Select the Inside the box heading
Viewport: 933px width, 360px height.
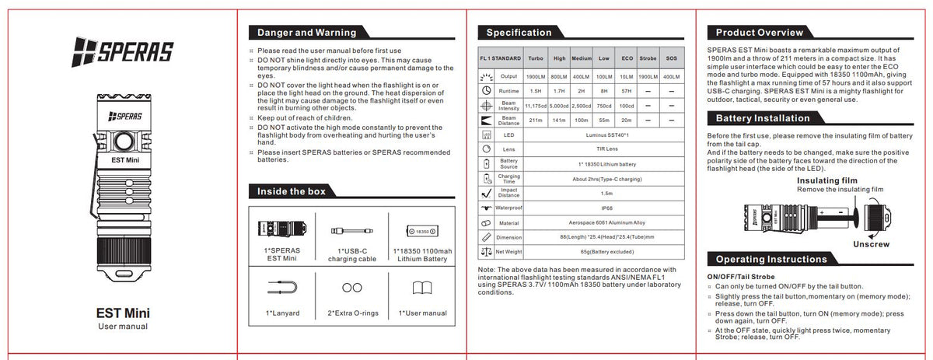pyautogui.click(x=291, y=191)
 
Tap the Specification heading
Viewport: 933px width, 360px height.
pyautogui.click(x=519, y=33)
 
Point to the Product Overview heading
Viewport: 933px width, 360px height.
pyautogui.click(x=760, y=33)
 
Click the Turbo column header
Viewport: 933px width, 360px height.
pyautogui.click(x=535, y=58)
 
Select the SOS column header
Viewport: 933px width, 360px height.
pyautogui.click(x=673, y=58)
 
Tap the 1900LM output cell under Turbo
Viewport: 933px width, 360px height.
pyautogui.click(x=535, y=76)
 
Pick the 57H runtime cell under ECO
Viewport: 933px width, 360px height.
pyautogui.click(x=627, y=90)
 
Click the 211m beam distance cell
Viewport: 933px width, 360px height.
pyautogui.click(x=535, y=120)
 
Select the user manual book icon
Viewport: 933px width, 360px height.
pyautogui.click(x=422, y=288)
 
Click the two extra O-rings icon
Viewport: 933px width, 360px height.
pyautogui.click(x=351, y=288)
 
